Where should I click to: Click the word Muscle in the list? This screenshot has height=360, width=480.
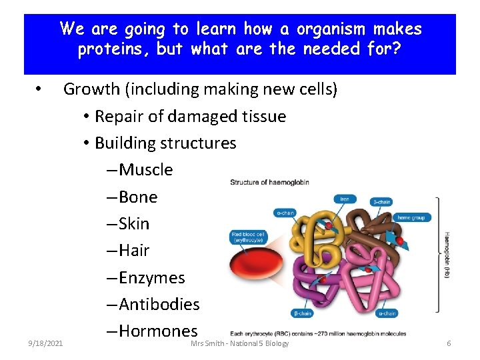click(145, 170)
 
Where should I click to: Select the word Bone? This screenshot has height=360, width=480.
click(138, 197)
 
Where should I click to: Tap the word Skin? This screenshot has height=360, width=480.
click(134, 224)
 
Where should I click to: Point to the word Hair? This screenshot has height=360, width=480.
click(134, 251)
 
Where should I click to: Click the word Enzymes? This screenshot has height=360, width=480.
click(151, 277)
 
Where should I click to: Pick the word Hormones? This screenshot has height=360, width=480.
click(158, 331)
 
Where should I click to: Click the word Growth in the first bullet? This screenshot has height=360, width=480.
click(92, 89)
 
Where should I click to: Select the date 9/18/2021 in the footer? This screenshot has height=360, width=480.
click(45, 343)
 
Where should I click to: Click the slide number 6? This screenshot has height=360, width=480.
click(449, 343)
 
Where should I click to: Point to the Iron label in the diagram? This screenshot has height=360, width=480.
click(345, 199)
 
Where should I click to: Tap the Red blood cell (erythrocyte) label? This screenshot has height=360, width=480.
click(249, 237)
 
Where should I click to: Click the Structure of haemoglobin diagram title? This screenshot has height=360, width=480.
click(270, 183)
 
